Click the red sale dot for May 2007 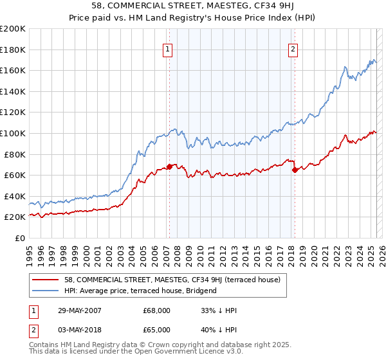[x=169, y=166]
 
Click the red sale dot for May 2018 [x=295, y=170]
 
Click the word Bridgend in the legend [x=200, y=291]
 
